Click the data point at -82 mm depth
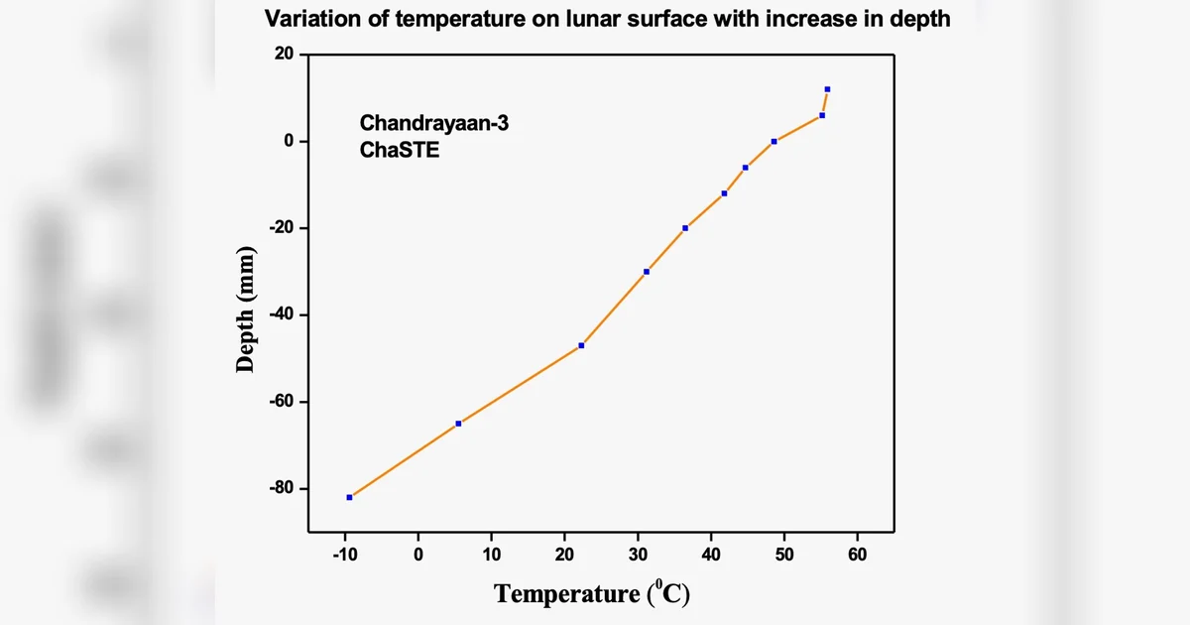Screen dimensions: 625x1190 pos(349,497)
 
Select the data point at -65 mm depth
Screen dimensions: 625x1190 pos(458,424)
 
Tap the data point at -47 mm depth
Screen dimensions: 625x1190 pos(581,345)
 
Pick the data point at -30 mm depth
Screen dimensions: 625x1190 pos(647,272)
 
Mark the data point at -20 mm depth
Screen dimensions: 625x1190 pos(685,228)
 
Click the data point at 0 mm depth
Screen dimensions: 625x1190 pos(773,142)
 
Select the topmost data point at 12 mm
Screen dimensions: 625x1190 pos(827,89)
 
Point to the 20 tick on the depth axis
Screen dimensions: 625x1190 pos(285,55)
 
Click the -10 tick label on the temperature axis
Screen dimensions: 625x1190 pos(344,555)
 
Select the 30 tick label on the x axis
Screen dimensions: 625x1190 pos(638,555)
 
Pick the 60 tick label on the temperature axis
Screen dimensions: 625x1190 pos(858,555)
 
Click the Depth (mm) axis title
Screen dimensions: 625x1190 pos(246,311)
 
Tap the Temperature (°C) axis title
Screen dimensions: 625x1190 pos(592,594)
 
